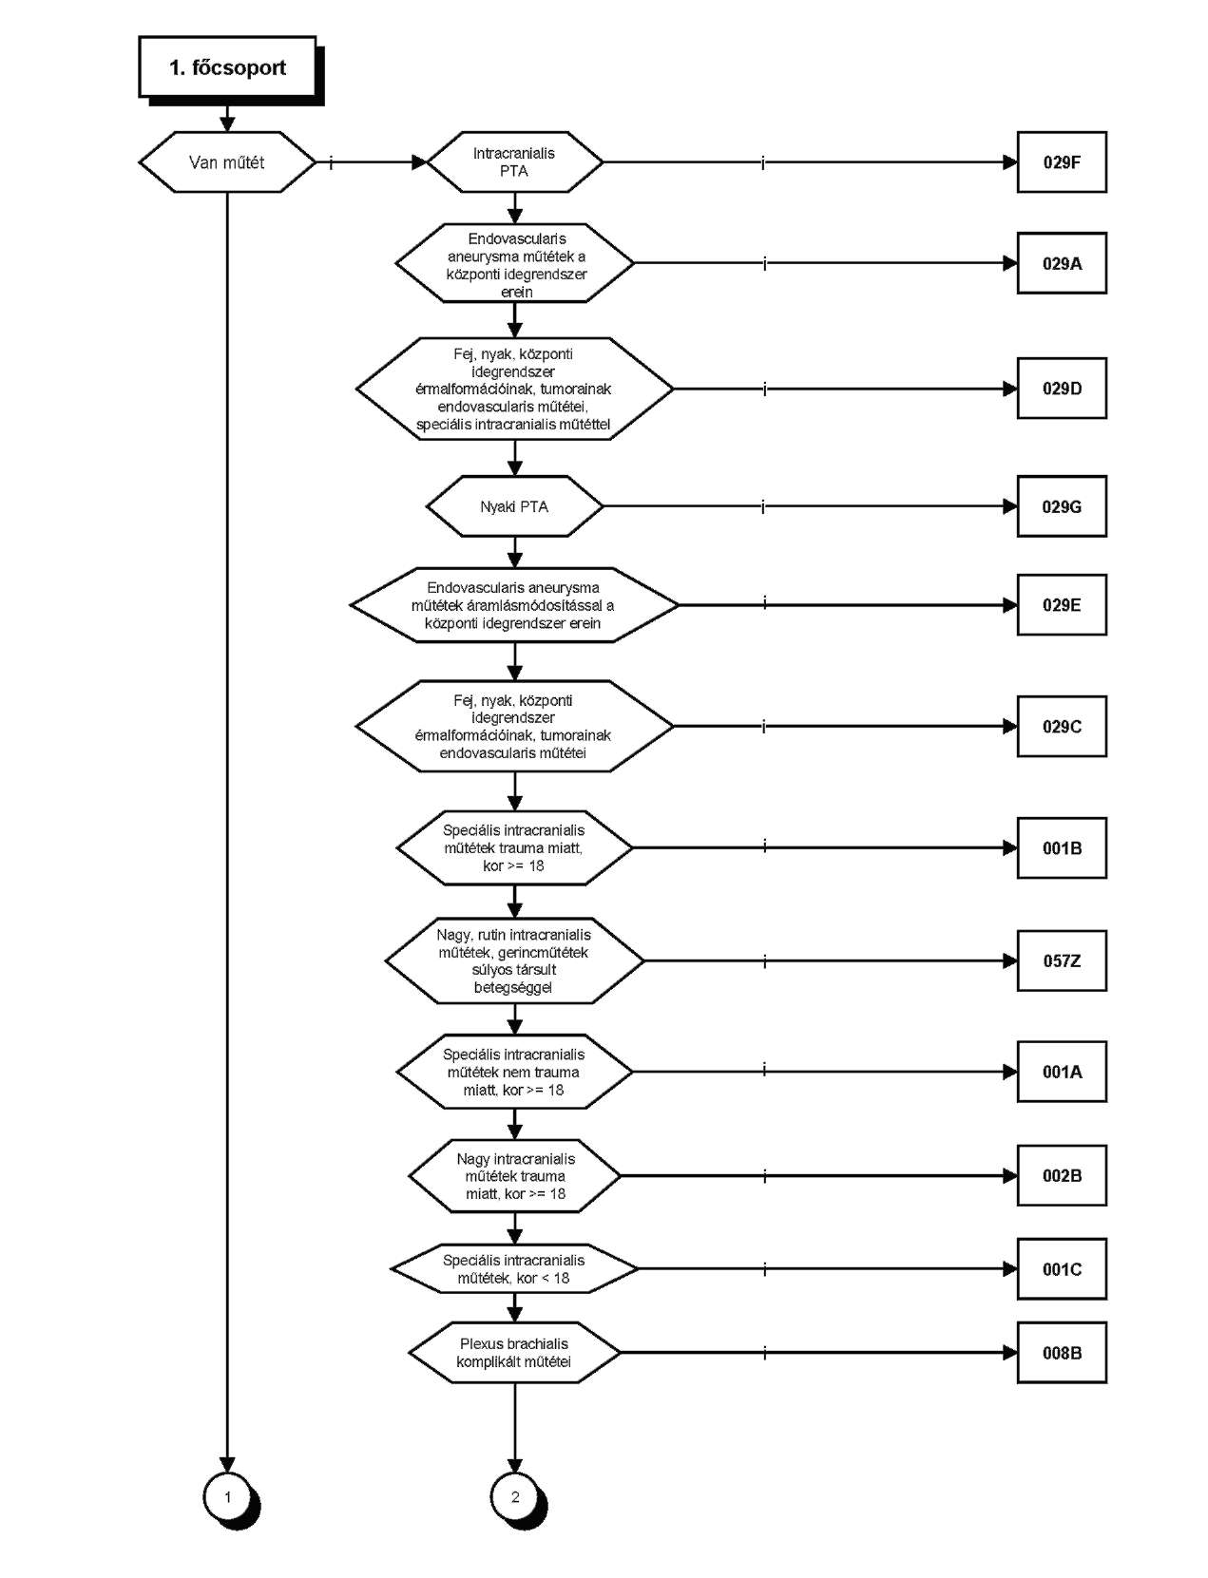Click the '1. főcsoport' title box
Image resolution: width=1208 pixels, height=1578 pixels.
(227, 67)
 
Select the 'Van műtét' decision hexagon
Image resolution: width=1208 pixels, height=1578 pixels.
(227, 162)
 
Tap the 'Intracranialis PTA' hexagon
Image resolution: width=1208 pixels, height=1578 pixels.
(514, 162)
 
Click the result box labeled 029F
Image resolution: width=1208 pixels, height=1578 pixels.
(1062, 162)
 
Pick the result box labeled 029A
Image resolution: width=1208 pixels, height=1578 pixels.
(1062, 263)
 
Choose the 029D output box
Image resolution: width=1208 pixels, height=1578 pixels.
(1062, 389)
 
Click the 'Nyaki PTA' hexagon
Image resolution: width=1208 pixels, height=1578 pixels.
(514, 506)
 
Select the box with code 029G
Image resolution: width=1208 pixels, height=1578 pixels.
(1062, 506)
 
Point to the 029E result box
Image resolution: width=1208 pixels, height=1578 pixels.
(1062, 604)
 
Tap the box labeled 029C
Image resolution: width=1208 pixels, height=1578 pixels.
(1062, 726)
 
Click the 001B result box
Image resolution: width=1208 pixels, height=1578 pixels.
(1062, 847)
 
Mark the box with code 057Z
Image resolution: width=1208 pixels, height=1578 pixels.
(1062, 960)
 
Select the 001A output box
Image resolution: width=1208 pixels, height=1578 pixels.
(1062, 1072)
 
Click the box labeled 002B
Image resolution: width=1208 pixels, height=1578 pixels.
(1062, 1175)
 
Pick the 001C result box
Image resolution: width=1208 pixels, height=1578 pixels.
(1062, 1269)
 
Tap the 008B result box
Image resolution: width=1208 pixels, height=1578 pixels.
(1062, 1353)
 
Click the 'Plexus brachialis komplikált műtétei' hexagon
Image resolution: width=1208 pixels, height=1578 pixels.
(514, 1353)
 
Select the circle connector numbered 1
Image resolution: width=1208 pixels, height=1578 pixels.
(227, 1496)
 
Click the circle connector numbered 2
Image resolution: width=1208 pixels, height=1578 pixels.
(514, 1496)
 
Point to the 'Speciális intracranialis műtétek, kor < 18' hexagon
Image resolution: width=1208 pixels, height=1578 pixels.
(514, 1269)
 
